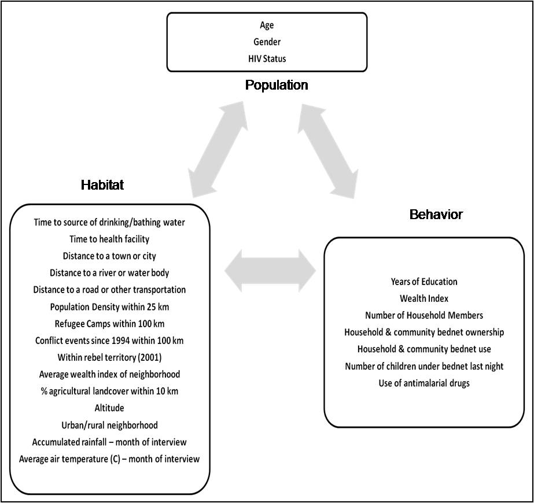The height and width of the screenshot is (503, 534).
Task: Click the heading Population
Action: (277, 85)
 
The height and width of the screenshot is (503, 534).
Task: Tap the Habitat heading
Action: (102, 185)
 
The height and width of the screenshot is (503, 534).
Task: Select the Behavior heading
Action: (436, 214)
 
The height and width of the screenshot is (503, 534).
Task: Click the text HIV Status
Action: (267, 58)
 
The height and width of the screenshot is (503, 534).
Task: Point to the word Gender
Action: (267, 42)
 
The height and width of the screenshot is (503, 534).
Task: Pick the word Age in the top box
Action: (267, 25)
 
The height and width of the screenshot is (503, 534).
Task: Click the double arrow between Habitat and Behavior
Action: (270, 271)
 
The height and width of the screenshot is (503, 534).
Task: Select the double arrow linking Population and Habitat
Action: (218, 149)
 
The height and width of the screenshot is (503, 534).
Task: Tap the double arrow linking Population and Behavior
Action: (328, 151)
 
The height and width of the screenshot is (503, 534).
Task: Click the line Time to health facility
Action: (109, 239)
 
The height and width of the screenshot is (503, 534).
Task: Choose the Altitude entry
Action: (109, 408)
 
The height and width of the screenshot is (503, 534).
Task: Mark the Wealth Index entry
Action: (424, 298)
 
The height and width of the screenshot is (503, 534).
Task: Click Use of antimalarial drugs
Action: (424, 383)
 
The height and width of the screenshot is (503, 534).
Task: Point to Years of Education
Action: (424, 282)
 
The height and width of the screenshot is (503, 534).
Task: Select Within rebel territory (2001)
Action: (109, 357)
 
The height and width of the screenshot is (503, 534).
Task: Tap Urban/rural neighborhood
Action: (109, 425)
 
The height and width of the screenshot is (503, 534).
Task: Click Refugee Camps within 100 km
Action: (109, 323)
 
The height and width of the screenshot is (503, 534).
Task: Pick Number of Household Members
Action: (424, 315)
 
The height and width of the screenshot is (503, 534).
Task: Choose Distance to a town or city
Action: (109, 256)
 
